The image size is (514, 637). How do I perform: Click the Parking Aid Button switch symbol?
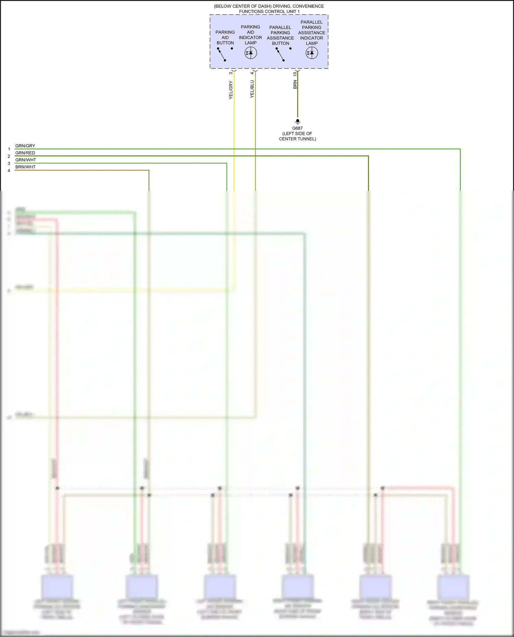[222, 54]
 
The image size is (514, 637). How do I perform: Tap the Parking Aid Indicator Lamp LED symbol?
[250, 53]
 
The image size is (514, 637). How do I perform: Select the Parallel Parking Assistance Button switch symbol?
[280, 54]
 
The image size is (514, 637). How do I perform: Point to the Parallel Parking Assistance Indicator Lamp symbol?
[311, 53]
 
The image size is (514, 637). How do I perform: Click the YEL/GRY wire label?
[231, 90]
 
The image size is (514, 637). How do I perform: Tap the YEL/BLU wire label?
[252, 89]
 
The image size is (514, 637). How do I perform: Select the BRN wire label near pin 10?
[295, 85]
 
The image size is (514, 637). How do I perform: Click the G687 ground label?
[297, 128]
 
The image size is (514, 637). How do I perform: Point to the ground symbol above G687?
[297, 122]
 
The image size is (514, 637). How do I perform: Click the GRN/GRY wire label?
[25, 146]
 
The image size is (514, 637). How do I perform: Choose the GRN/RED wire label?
[25, 153]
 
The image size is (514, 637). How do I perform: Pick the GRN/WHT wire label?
[26, 160]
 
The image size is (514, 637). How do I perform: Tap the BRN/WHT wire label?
[25, 167]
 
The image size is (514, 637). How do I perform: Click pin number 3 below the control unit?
[231, 73]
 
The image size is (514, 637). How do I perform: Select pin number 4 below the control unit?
[252, 73]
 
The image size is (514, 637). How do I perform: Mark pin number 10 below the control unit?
[295, 74]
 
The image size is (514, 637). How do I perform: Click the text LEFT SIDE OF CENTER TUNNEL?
[297, 136]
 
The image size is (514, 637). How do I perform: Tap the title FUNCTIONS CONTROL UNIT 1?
[269, 12]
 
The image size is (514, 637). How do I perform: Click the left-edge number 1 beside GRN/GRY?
[9, 149]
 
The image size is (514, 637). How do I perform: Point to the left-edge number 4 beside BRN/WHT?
[9, 170]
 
